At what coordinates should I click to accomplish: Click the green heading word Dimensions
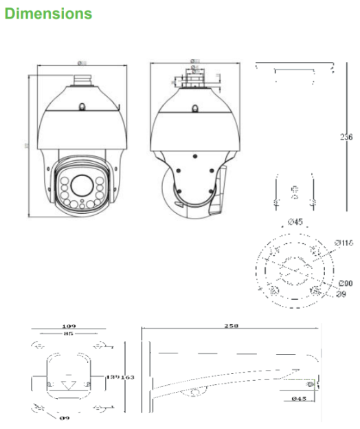(47, 13)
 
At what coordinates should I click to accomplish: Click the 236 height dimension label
(346, 137)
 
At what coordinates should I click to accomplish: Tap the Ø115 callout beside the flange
(344, 242)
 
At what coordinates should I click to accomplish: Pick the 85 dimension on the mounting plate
(68, 335)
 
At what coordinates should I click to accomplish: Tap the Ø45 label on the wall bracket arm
(298, 398)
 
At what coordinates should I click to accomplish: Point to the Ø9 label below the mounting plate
(65, 417)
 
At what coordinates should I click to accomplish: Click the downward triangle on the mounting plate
(68, 384)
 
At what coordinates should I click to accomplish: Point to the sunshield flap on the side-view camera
(221, 189)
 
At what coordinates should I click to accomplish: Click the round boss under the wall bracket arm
(196, 392)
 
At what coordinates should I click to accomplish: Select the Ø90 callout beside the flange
(344, 283)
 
